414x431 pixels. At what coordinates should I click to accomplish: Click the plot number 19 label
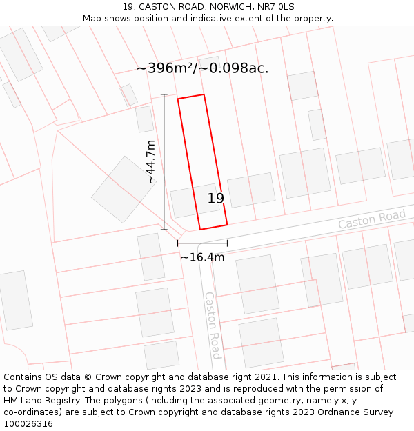(x=216, y=199)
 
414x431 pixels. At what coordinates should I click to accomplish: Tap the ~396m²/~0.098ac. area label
(x=202, y=68)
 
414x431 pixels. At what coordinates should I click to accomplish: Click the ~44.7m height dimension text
(x=150, y=161)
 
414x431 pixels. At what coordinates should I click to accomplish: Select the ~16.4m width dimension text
(x=202, y=257)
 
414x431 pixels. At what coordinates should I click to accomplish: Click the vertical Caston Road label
(x=213, y=325)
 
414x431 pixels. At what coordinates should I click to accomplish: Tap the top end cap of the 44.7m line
(x=164, y=94)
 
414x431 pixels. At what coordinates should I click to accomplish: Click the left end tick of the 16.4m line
(x=178, y=243)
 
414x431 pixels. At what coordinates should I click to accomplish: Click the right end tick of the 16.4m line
(x=227, y=243)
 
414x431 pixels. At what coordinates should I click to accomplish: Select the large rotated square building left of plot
(x=124, y=189)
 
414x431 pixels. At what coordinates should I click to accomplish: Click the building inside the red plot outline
(x=195, y=201)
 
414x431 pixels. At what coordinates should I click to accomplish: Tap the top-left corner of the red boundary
(x=178, y=99)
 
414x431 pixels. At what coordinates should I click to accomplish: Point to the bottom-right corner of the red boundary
(x=227, y=224)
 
